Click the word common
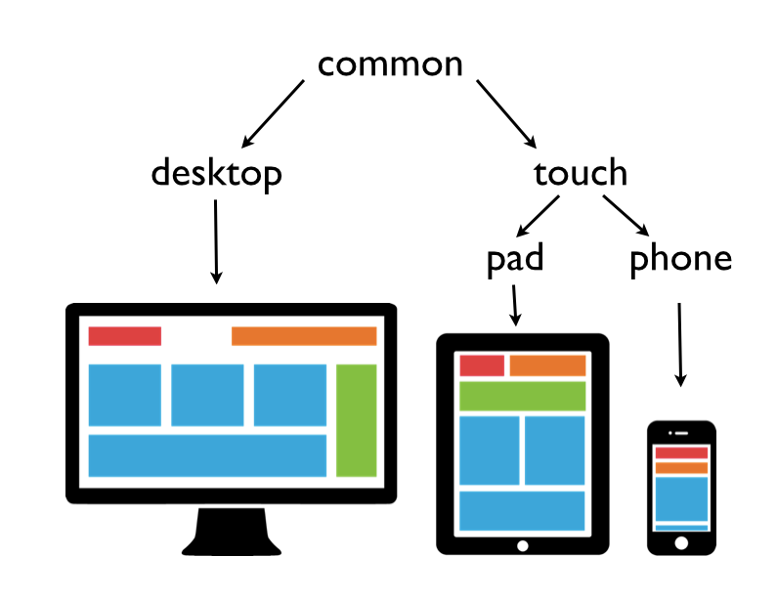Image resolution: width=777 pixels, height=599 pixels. tap(390, 64)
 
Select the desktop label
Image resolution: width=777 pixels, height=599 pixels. tap(217, 173)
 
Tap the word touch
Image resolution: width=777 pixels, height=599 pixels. tap(581, 172)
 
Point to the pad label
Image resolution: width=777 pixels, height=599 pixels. tap(515, 259)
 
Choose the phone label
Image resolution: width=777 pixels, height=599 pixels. tap(680, 259)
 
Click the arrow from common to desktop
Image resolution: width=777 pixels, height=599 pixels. tap(273, 114)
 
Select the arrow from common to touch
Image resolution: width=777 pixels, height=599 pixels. tap(506, 114)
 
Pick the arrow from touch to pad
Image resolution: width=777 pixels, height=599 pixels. tap(538, 217)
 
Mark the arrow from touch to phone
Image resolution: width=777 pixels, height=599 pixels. tap(626, 216)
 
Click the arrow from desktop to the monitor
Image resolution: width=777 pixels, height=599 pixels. tap(216, 241)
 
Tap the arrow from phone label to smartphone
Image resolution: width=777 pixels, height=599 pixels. tap(680, 345)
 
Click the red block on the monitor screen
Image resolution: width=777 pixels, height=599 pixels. tap(125, 336)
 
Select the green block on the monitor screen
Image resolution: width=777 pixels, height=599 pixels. tap(357, 420)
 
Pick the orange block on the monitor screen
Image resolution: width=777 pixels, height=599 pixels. tap(304, 336)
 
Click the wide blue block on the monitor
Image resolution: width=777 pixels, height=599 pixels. tap(207, 455)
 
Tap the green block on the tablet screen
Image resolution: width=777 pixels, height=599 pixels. tap(522, 397)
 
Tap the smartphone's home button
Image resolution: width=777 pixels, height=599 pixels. tap(681, 543)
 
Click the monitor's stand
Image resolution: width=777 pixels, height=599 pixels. tap(232, 532)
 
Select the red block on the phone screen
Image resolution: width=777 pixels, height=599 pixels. tap(681, 452)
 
